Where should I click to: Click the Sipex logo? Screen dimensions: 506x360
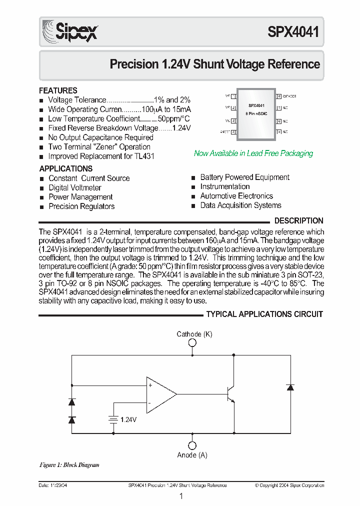point(69,31)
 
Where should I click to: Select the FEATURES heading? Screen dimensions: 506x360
point(58,90)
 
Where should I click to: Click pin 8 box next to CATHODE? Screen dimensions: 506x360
point(278,95)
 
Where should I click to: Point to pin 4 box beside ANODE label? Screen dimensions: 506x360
point(233,132)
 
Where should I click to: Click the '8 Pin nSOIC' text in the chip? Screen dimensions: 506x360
point(256,114)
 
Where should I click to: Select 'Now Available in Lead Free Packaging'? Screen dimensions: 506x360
point(253,153)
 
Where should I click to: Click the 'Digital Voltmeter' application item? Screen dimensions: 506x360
point(74,187)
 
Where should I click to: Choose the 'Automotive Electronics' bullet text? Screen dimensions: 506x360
point(236,196)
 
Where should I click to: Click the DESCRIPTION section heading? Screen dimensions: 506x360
point(299,220)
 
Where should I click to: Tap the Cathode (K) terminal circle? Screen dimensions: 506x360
point(192,343)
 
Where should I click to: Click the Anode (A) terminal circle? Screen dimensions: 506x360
point(192,445)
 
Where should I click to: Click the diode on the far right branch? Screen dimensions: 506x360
point(290,387)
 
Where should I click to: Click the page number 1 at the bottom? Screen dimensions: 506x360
point(181,496)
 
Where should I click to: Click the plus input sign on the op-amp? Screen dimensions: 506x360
point(150,385)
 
